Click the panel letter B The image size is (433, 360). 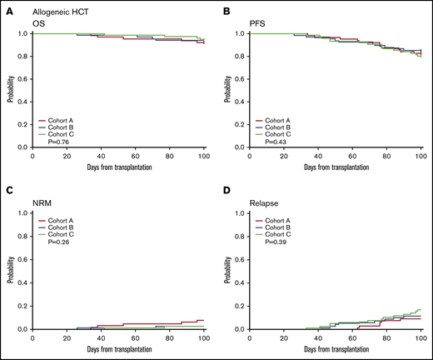tap(226, 10)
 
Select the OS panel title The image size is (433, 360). tap(39, 24)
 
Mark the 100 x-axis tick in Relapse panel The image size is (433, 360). tap(420, 336)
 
